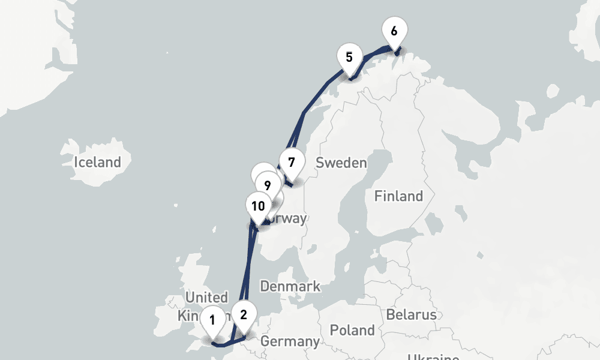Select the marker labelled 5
[x=349, y=58]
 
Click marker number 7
[x=292, y=162]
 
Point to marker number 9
[x=268, y=185]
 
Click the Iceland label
[x=97, y=162]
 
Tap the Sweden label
[x=341, y=163]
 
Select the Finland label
[x=398, y=196]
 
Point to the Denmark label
[x=290, y=286]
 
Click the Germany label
[x=290, y=341]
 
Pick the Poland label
[x=352, y=330]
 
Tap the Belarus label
[x=411, y=314]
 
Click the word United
[x=206, y=298]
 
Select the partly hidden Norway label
[x=288, y=218]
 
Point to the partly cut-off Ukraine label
[x=433, y=357]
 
